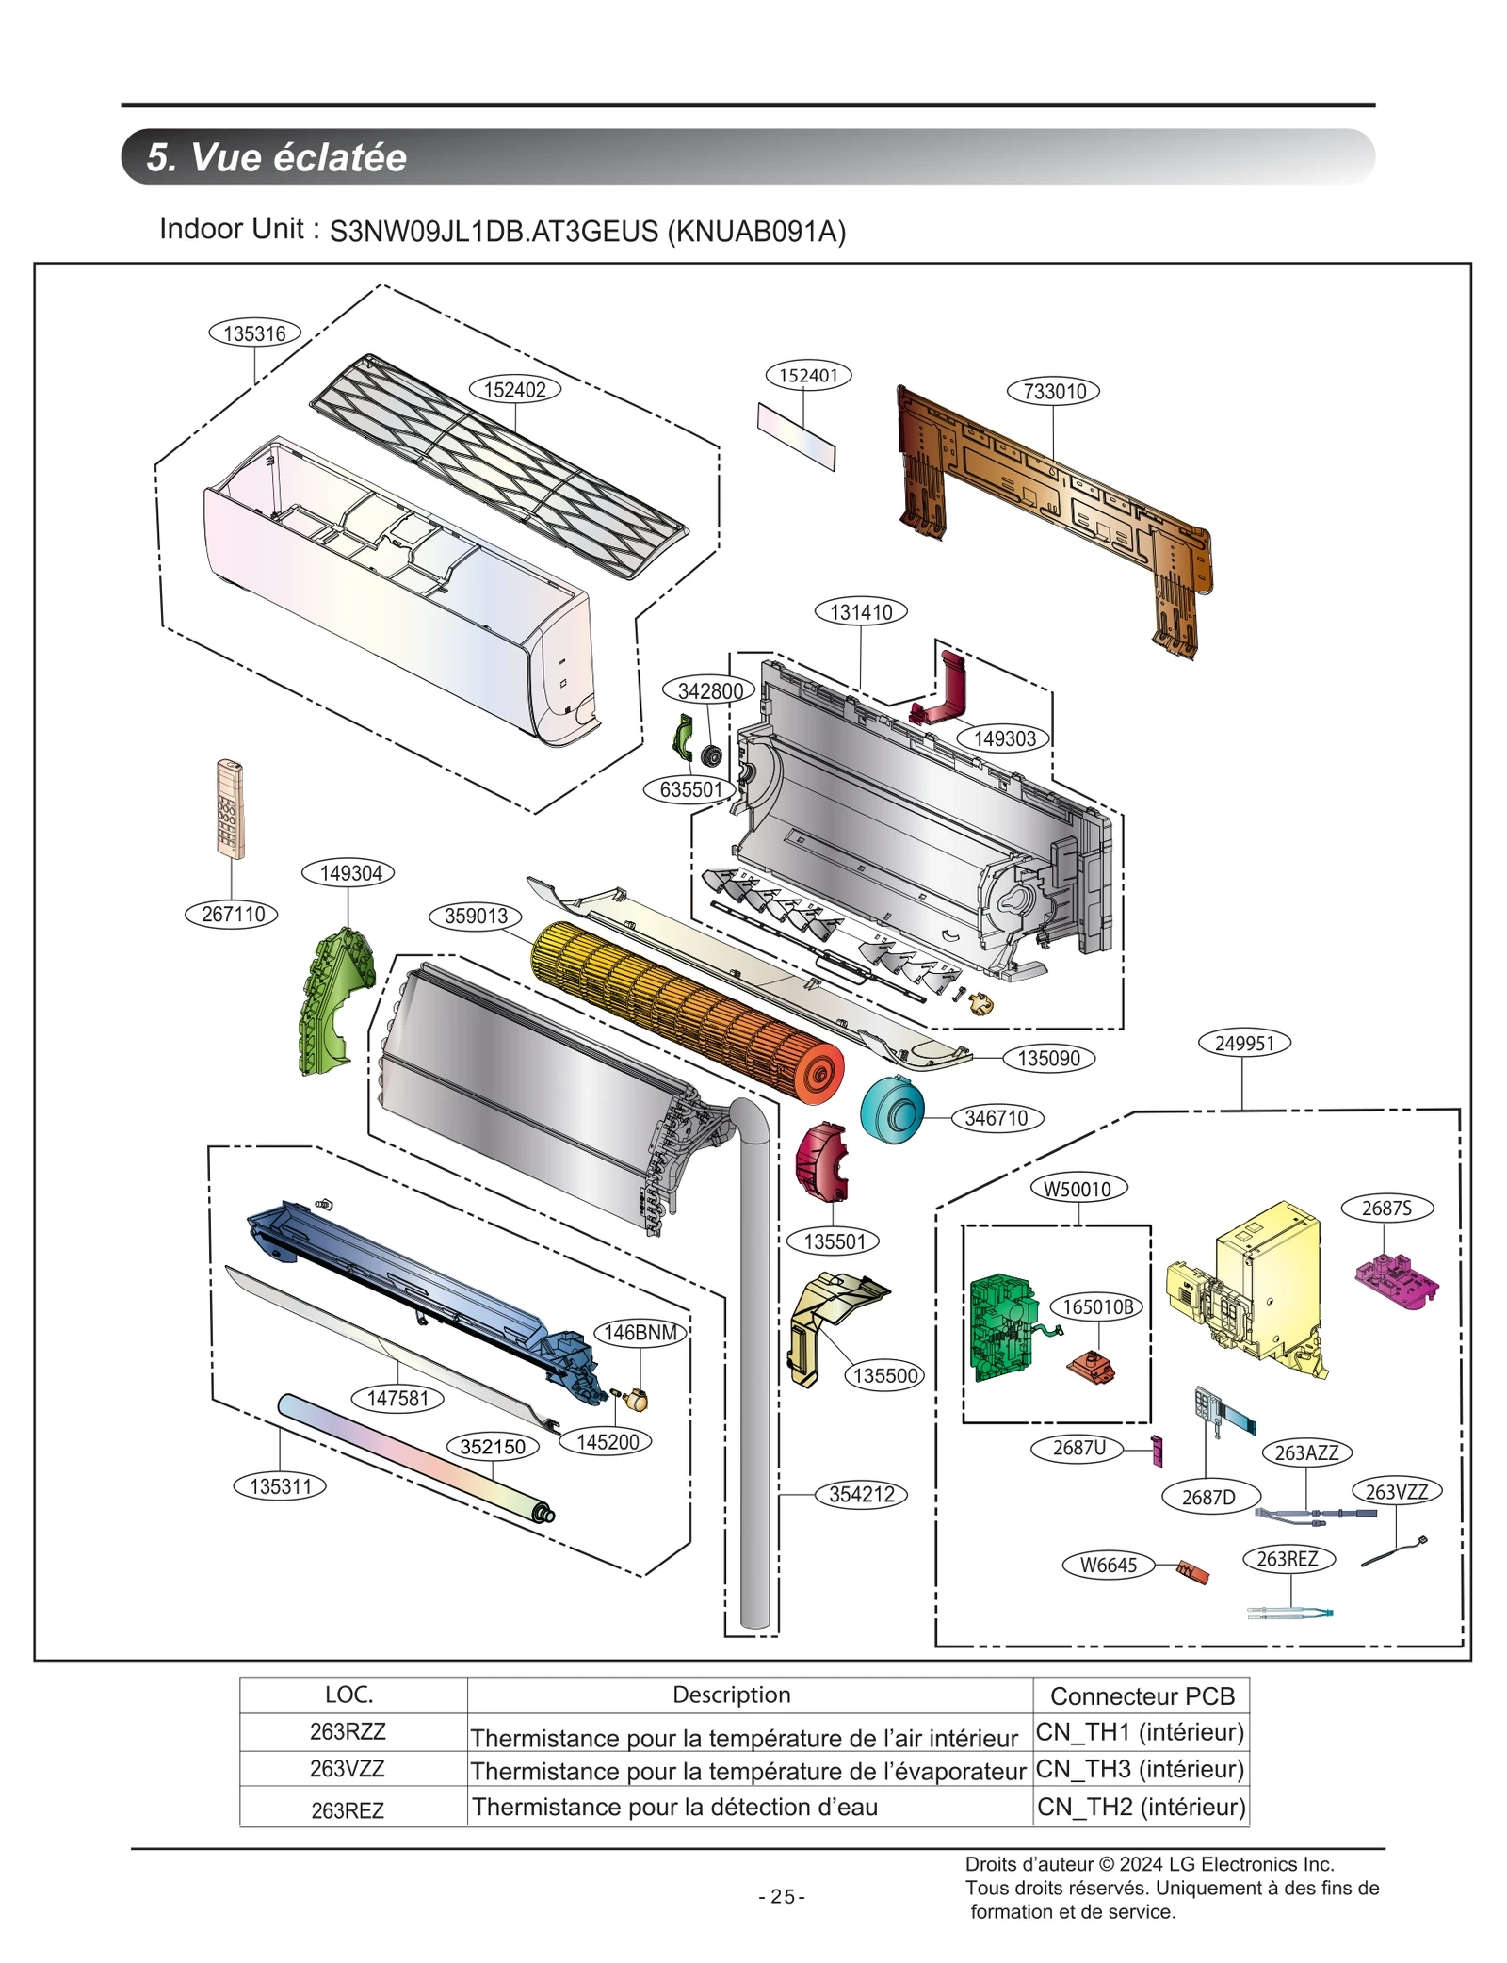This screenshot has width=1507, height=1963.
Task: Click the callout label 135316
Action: [254, 333]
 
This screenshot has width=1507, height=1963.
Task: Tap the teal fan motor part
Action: [891, 1111]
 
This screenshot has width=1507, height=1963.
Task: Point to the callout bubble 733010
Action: [1054, 391]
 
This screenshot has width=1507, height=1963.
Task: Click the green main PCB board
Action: [1001, 1327]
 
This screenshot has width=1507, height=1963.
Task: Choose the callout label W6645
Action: [1108, 1566]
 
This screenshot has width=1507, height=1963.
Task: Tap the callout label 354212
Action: [861, 1495]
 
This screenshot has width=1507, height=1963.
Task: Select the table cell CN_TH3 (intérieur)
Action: [1140, 1769]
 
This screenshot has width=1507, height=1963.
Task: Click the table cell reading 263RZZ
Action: [348, 1731]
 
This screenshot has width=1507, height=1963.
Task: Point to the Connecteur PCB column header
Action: [1142, 1696]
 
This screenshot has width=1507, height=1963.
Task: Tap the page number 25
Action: [782, 1897]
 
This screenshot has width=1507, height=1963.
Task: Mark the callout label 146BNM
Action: [640, 1333]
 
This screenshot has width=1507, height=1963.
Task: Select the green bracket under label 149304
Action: [332, 998]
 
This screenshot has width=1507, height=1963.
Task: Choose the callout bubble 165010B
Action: [1097, 1306]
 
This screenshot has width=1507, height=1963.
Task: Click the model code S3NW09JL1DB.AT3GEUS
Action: [494, 232]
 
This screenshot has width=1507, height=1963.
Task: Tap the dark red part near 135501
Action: [820, 1161]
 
